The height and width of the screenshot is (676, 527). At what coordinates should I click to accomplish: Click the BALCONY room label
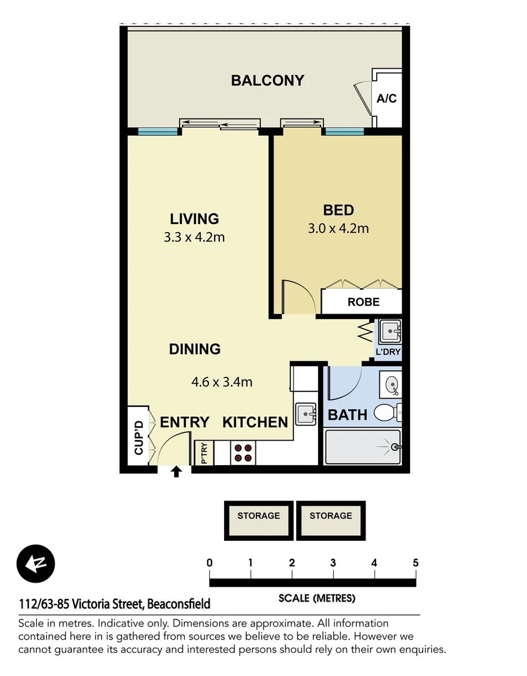(x=267, y=80)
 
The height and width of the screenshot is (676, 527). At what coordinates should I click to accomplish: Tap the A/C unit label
(x=386, y=98)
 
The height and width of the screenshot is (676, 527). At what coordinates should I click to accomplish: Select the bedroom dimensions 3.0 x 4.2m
(x=338, y=228)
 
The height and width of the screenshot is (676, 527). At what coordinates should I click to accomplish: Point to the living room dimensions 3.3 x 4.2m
(x=194, y=237)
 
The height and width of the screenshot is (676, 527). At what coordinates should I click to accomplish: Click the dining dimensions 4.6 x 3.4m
(x=221, y=381)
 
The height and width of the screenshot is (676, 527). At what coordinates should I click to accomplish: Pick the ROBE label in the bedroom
(x=363, y=302)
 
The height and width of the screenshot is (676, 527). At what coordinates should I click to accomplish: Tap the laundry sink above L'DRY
(x=389, y=330)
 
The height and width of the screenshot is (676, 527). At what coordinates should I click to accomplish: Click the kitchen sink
(x=306, y=413)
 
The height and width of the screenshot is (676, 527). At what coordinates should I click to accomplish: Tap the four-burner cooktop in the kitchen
(x=243, y=453)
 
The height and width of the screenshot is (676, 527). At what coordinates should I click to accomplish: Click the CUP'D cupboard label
(x=138, y=438)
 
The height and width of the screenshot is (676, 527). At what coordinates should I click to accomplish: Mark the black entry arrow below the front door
(x=177, y=471)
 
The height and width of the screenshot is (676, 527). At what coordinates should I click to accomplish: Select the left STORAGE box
(x=258, y=520)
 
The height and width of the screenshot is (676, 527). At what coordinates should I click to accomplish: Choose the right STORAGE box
(x=330, y=520)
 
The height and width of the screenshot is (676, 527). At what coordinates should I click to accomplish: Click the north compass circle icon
(x=36, y=563)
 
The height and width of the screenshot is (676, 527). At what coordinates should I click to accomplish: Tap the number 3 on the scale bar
(x=333, y=563)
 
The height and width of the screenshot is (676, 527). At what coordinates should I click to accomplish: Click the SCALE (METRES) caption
(x=317, y=598)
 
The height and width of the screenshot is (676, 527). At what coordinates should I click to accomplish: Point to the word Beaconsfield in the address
(x=180, y=604)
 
